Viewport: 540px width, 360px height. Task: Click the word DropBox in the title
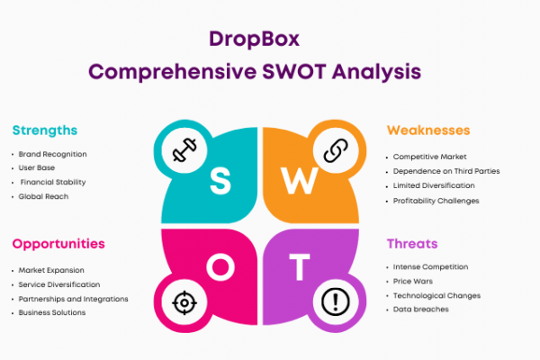254,40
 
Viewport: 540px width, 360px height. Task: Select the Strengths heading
45,130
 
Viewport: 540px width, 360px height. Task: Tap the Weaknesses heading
428,130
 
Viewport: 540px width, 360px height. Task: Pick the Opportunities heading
58,244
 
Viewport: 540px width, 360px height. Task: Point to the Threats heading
412,244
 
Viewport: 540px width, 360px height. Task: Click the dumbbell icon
184,150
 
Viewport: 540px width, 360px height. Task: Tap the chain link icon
336,150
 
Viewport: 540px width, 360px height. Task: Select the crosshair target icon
184,302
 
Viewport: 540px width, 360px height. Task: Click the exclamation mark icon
336,301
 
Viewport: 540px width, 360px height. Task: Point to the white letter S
220,181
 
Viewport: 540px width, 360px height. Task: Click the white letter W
300,181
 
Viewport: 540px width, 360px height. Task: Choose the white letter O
220,267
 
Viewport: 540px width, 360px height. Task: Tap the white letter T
300,267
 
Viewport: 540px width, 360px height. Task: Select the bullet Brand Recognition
53,154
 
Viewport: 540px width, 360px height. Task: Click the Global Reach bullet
43,196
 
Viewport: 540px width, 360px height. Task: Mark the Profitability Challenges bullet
436,201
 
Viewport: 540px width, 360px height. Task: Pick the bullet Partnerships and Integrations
74,299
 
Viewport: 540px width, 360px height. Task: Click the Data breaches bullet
421,310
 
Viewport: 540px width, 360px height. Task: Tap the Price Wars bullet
413,282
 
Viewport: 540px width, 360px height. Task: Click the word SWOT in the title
294,72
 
